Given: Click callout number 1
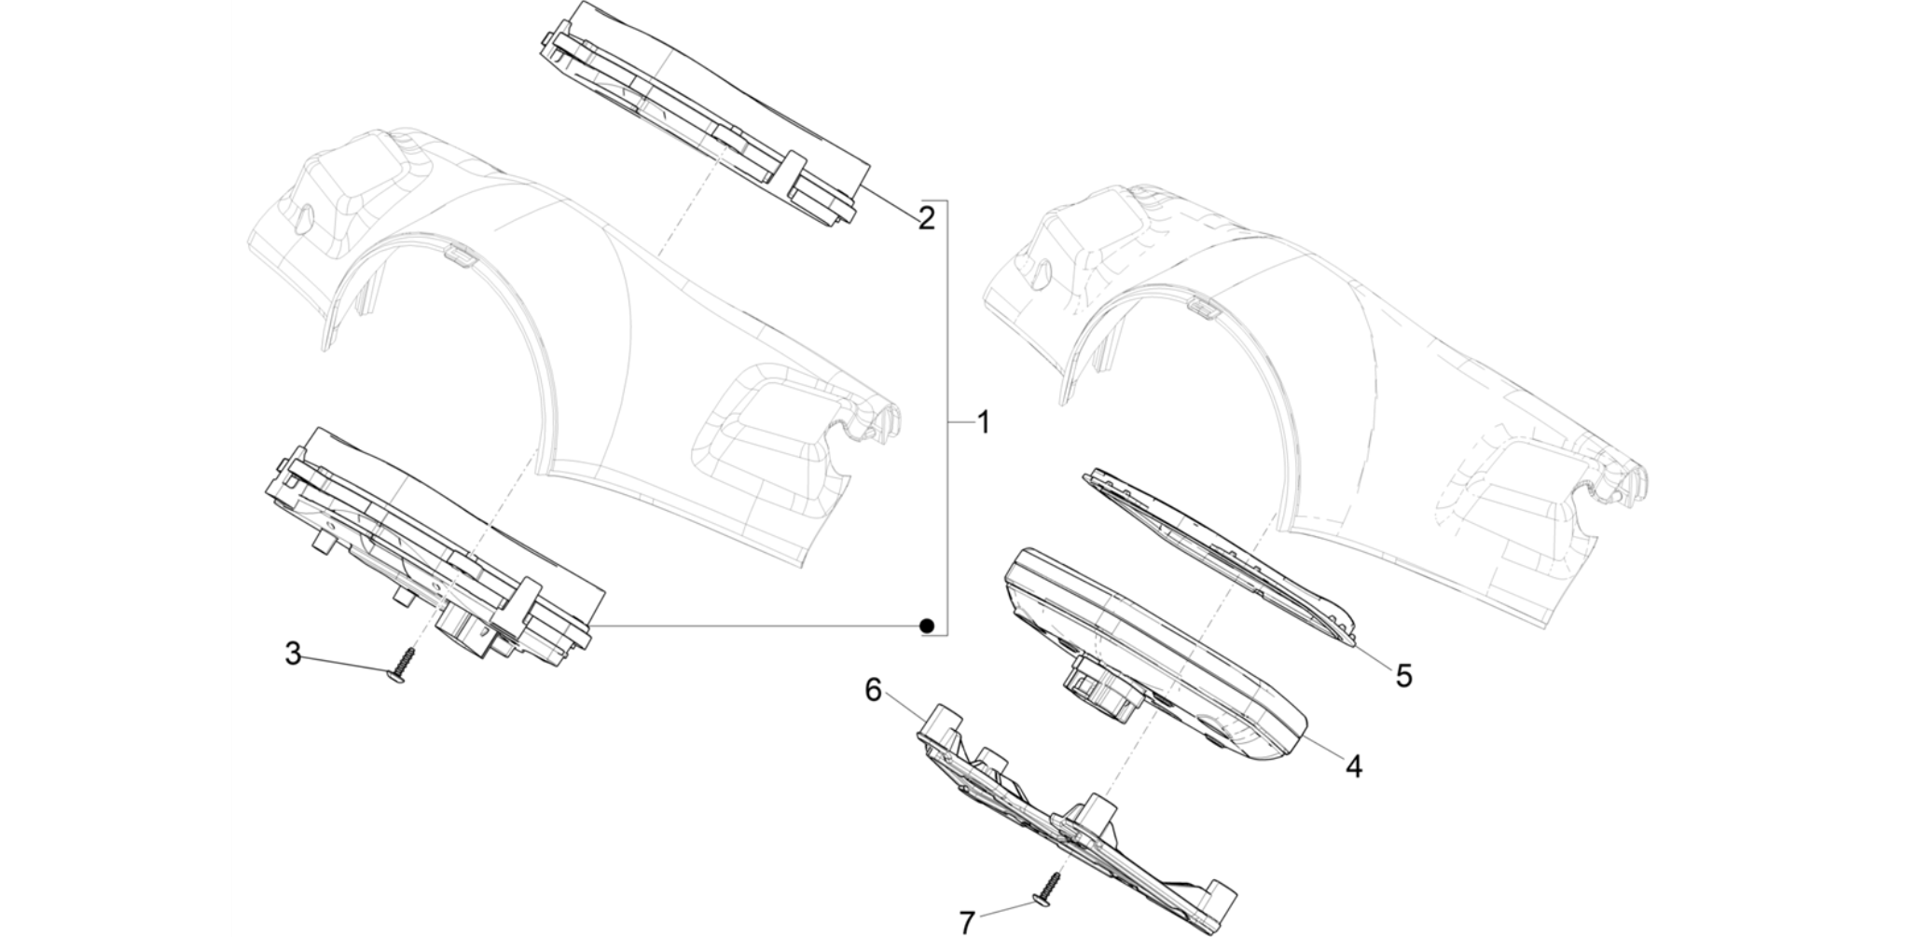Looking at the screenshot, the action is coord(983,423).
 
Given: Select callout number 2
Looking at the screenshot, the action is coord(926,218).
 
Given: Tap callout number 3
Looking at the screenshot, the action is coord(293,654).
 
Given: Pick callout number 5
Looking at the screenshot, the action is coord(1403,674).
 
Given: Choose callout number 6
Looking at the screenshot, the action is coord(873,691).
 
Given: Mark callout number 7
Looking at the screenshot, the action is coord(967,922).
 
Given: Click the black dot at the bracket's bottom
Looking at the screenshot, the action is coord(926,626).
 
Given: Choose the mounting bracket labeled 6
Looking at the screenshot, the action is coord(1078,812).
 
